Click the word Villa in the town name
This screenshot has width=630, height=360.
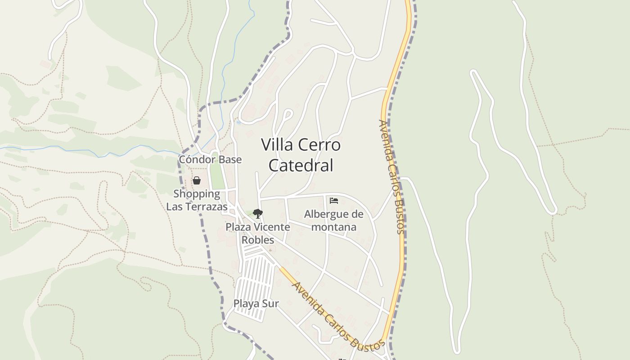[x=275, y=145]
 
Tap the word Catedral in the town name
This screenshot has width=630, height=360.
[x=301, y=165]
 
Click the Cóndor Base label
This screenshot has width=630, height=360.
[x=210, y=159]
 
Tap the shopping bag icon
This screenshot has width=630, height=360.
[x=197, y=180]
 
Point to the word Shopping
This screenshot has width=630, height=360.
[x=197, y=194]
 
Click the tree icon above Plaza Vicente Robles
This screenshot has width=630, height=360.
[x=257, y=213]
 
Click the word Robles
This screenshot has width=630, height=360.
[x=258, y=239]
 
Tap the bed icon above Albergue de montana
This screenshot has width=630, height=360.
[x=334, y=200]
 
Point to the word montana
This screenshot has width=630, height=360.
[x=334, y=227]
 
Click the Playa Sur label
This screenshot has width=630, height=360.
[x=256, y=304]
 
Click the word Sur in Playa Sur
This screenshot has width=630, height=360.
[x=271, y=304]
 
